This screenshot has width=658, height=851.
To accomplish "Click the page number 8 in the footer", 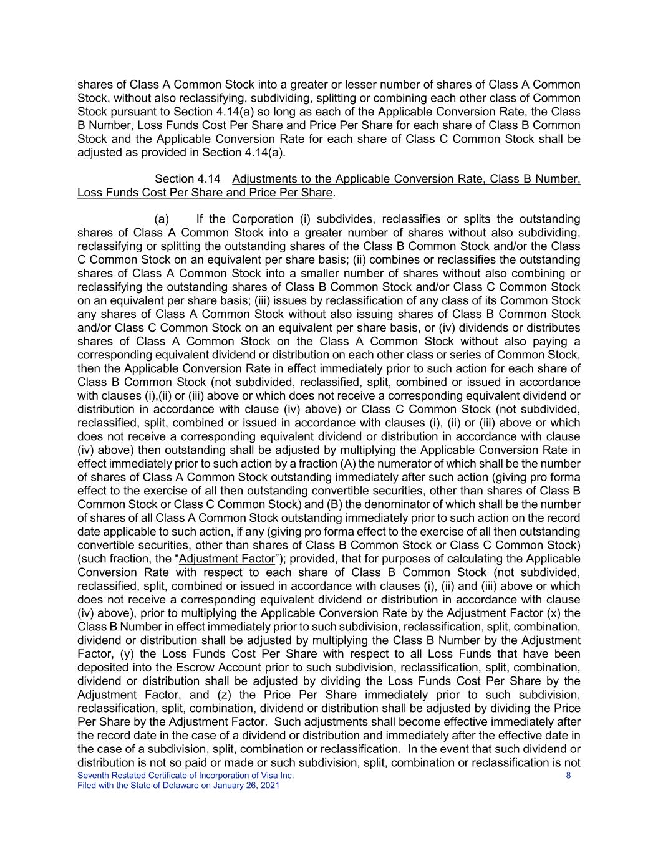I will (x=568, y=776).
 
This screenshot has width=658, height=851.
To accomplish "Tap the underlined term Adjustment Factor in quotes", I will (x=226, y=559).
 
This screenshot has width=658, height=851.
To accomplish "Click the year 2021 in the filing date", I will (x=269, y=786).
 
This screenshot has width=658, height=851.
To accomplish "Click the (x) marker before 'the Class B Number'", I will (x=557, y=613).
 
